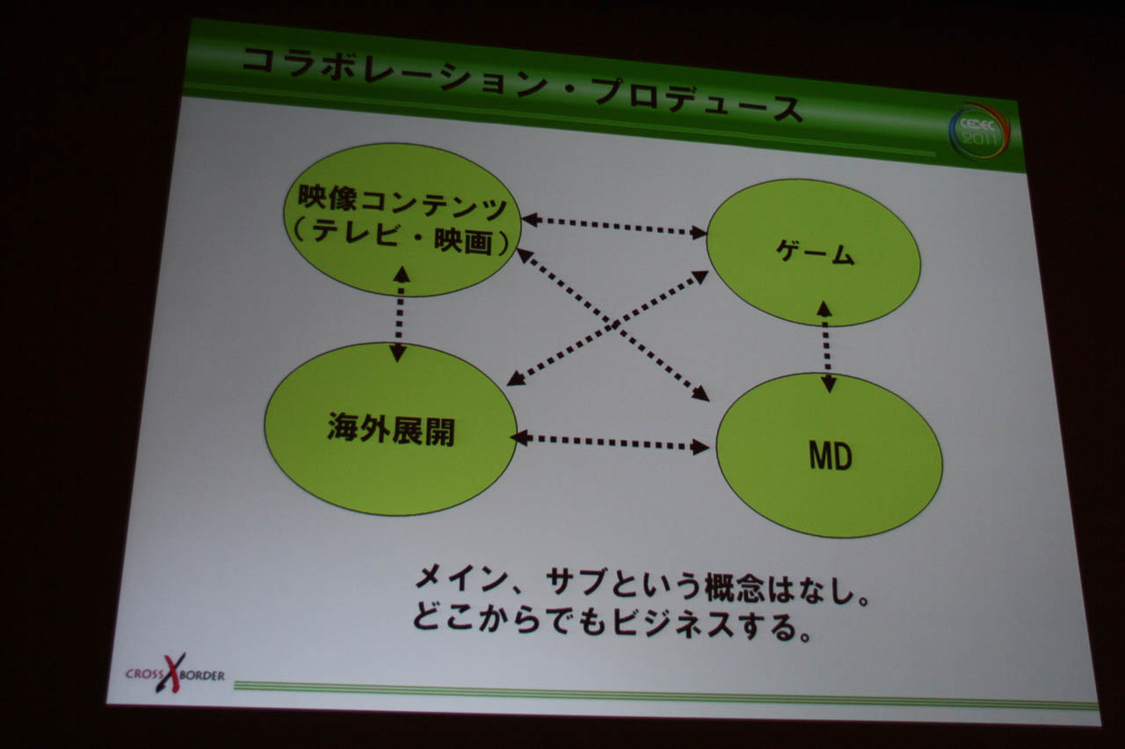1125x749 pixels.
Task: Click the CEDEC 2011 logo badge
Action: (979, 132)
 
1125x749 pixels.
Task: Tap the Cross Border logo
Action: (175, 673)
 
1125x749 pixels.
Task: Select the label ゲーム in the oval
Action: (815, 252)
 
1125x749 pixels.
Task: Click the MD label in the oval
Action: (831, 456)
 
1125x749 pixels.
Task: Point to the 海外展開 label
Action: (391, 429)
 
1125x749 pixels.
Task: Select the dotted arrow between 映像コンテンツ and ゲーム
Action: (614, 226)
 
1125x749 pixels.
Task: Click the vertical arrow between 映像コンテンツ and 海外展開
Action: (400, 314)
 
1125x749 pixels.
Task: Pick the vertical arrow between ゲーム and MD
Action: (826, 346)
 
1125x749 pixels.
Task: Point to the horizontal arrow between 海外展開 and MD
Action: (610, 442)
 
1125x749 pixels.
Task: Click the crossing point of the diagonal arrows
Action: (613, 326)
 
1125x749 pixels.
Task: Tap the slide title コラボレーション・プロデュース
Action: (521, 85)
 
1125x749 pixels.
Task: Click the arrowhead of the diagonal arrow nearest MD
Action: (700, 395)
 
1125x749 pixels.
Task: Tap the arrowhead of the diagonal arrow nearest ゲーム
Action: (700, 276)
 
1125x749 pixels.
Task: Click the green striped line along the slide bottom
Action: (665, 694)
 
